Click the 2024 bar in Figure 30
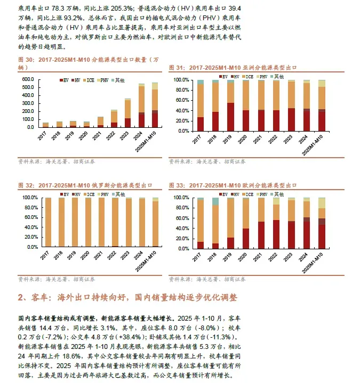(141, 105)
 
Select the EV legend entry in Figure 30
(64, 80)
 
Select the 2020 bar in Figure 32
(87, 223)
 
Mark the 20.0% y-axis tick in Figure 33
(182, 238)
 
